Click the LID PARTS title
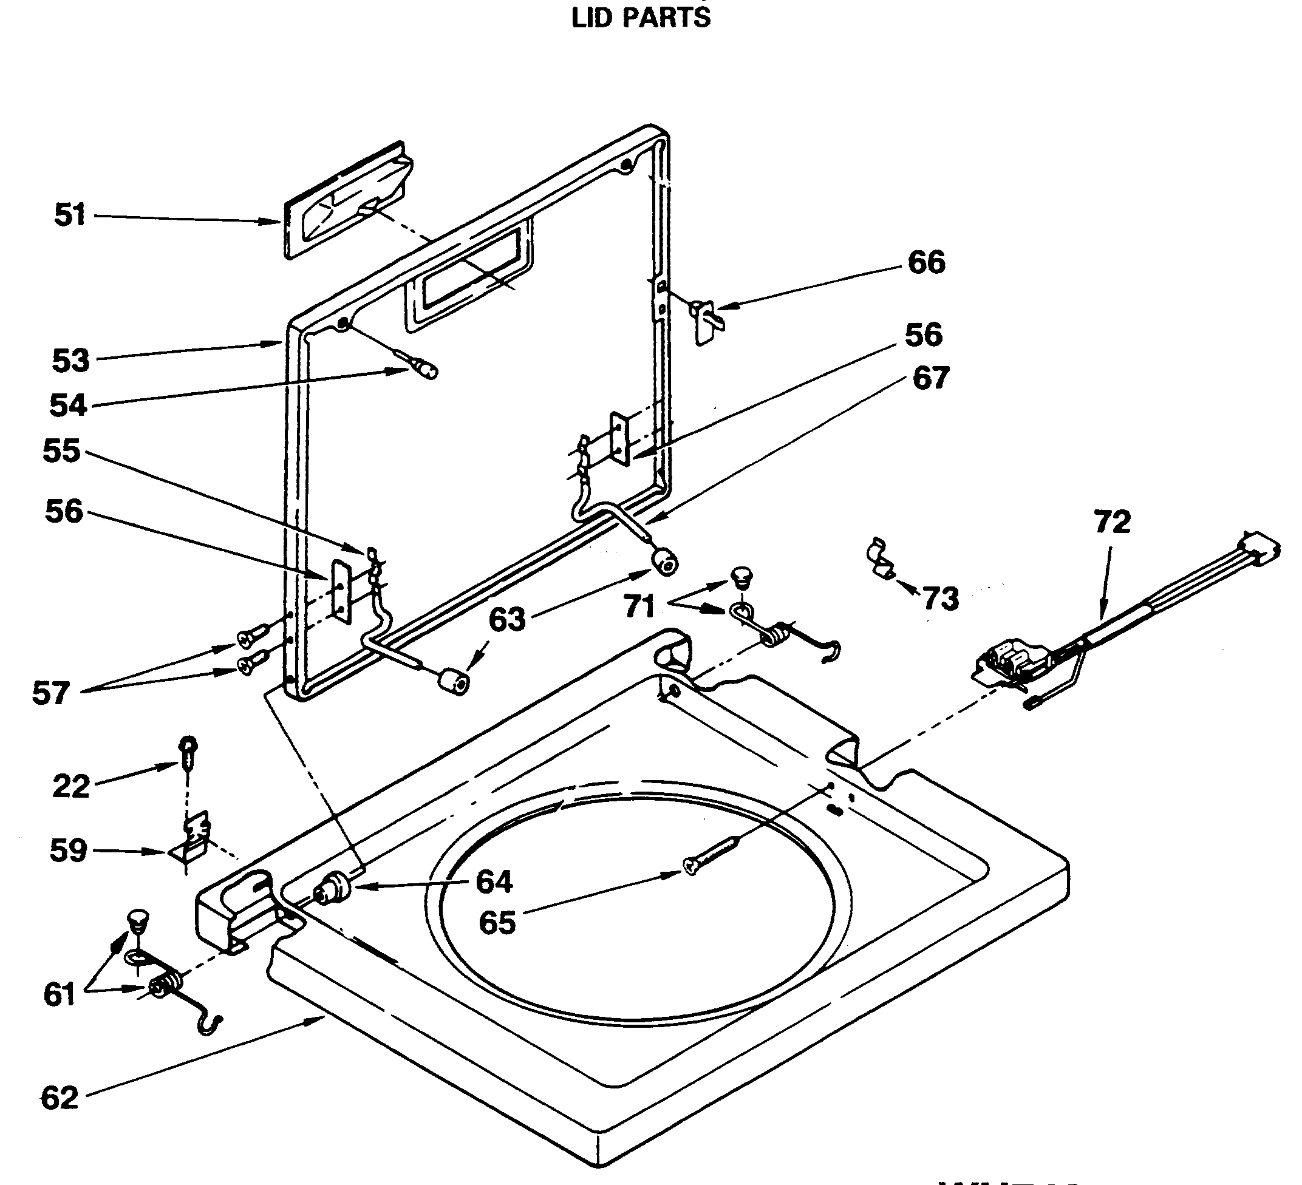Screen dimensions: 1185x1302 click(x=641, y=17)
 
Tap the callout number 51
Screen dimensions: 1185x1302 click(x=70, y=214)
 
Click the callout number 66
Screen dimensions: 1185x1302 click(x=926, y=262)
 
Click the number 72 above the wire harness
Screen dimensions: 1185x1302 click(x=1112, y=522)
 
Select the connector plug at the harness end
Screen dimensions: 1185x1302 click(x=1259, y=549)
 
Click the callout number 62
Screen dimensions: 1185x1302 click(x=60, y=1098)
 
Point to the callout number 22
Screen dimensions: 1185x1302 click(x=70, y=787)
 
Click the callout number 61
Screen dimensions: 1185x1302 click(x=60, y=994)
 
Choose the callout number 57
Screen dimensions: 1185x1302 click(x=51, y=693)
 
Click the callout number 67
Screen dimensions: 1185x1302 click(x=930, y=378)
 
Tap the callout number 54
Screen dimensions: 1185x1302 click(x=68, y=406)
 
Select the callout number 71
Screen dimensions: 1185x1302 click(x=639, y=606)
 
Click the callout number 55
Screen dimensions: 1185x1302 click(x=61, y=451)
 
